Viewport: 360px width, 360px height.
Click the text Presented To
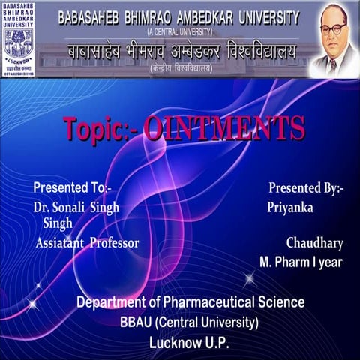[72, 187]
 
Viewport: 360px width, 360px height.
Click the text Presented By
[306, 187]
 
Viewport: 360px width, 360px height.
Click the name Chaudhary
[314, 243]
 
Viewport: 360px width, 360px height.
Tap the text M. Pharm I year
[301, 262]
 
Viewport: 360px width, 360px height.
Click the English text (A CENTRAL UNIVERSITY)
[179, 32]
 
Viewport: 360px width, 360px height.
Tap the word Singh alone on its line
[58, 223]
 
